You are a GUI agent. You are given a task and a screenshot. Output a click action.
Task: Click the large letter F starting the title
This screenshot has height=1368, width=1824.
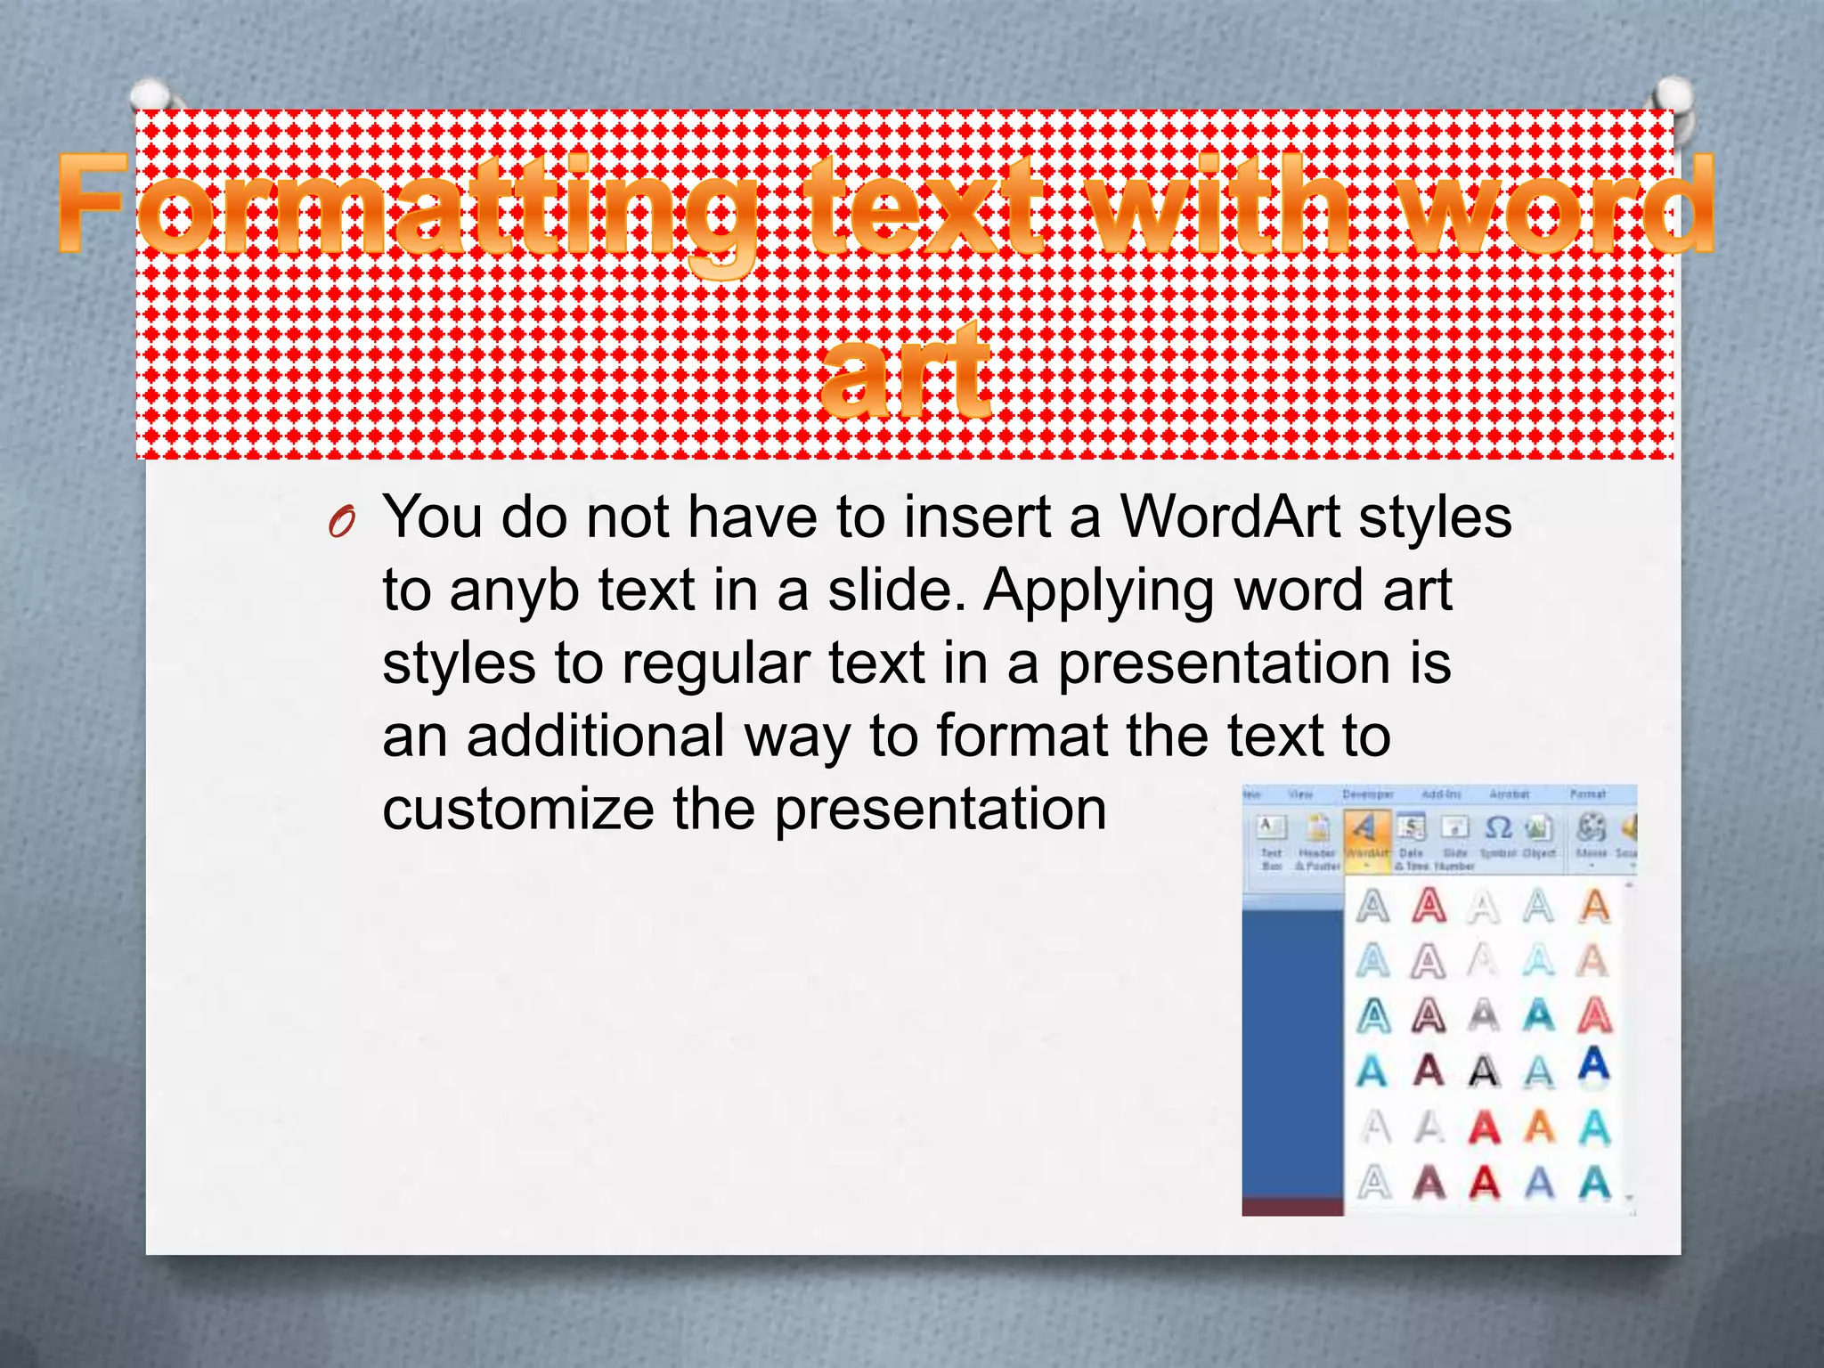point(92,205)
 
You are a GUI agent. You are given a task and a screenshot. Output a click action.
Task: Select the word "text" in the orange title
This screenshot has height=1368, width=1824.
point(926,207)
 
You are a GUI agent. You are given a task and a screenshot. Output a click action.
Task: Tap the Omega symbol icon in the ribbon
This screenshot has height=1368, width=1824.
point(1499,829)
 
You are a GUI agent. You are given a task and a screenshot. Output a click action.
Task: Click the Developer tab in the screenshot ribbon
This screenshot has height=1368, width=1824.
point(1368,794)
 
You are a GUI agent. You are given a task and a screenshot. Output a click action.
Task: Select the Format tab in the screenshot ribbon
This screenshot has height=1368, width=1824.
point(1587,794)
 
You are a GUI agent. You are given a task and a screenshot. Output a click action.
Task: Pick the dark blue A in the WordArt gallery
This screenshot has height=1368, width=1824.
point(1594,1064)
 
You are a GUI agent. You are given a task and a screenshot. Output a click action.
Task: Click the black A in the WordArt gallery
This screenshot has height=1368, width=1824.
point(1484,1070)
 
